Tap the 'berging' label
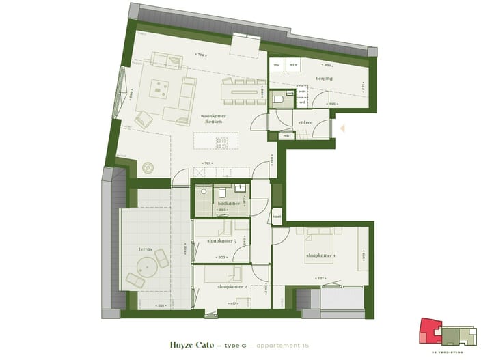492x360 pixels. [x=324, y=79]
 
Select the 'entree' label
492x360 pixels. [x=305, y=122]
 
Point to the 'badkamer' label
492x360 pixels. [x=228, y=204]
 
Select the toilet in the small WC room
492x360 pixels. [x=279, y=100]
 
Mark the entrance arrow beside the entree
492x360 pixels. [x=344, y=127]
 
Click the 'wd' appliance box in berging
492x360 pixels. [x=277, y=65]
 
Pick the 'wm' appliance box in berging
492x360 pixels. [x=293, y=65]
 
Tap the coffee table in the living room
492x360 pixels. [x=162, y=88]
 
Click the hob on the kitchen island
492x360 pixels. [x=221, y=143]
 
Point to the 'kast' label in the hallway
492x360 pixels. [x=277, y=217]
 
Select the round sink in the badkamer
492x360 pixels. [x=204, y=192]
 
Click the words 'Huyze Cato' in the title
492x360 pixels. [x=190, y=345]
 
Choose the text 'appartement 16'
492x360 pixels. [x=281, y=346]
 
